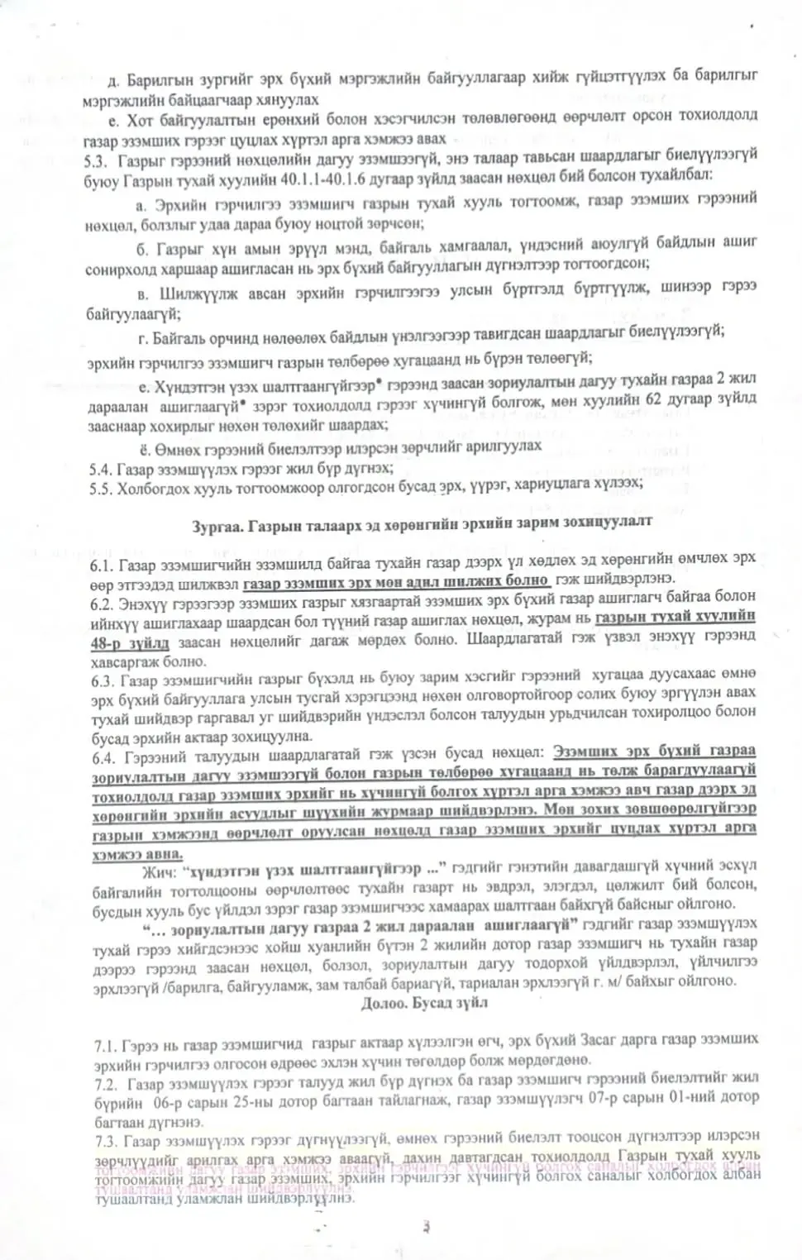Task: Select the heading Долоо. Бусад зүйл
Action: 424,1003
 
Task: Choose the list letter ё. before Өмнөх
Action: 143,447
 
